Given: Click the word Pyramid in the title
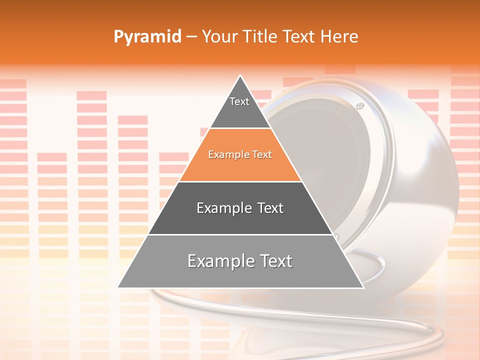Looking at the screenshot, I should [147, 37].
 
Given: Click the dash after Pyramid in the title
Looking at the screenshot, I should [191, 37].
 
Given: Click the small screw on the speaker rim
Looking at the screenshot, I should [359, 106].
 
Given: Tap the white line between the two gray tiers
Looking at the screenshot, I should [240, 234].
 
